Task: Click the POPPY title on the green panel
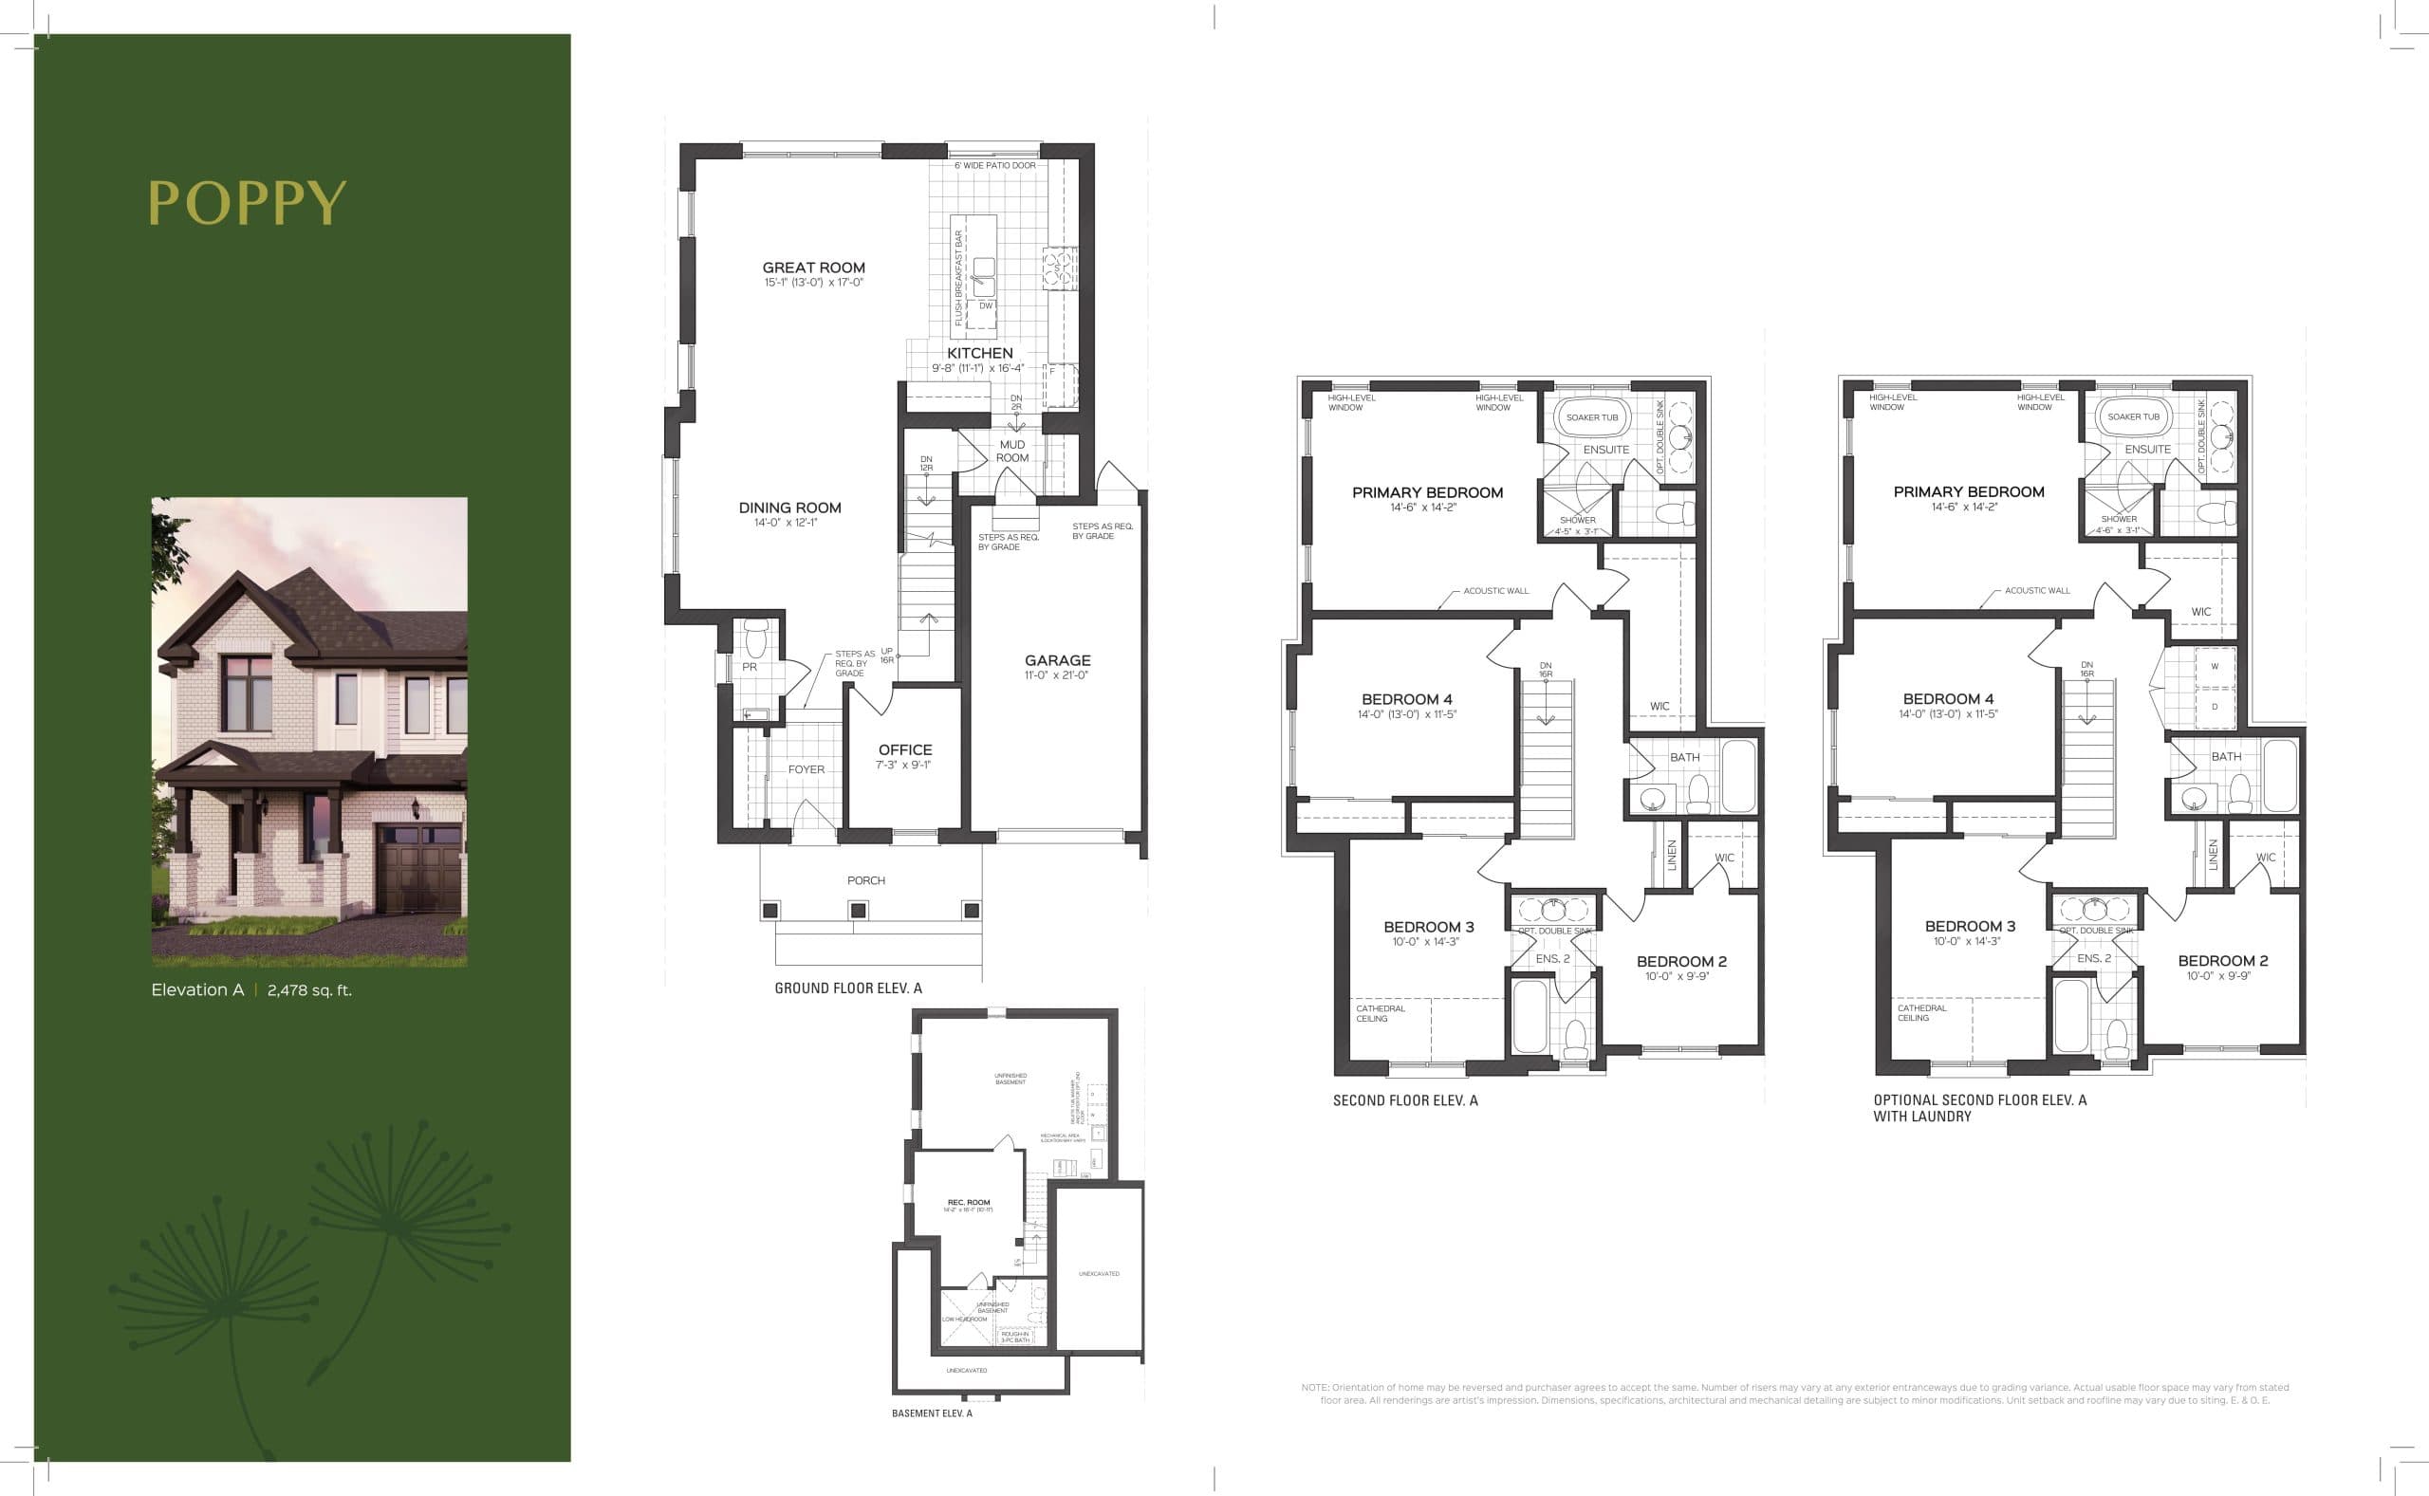(x=247, y=203)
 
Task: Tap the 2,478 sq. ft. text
(x=309, y=990)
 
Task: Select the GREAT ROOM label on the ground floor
(x=813, y=268)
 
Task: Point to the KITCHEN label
(x=979, y=353)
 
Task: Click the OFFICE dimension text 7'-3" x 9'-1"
(x=903, y=765)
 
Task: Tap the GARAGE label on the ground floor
(x=1058, y=660)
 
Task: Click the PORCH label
(x=865, y=880)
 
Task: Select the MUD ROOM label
(x=1012, y=452)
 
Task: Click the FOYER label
(x=807, y=769)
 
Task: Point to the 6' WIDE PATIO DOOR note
(x=995, y=165)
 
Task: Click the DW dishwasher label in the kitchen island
(x=986, y=305)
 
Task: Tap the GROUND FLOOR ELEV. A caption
(x=848, y=988)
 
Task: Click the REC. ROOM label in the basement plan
(x=969, y=1202)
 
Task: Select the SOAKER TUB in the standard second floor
(x=1592, y=417)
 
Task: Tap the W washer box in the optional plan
(x=2215, y=666)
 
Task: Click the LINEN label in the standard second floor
(x=1672, y=854)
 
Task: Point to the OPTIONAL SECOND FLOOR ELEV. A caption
(x=1979, y=1100)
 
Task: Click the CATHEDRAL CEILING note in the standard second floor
(x=1380, y=1013)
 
